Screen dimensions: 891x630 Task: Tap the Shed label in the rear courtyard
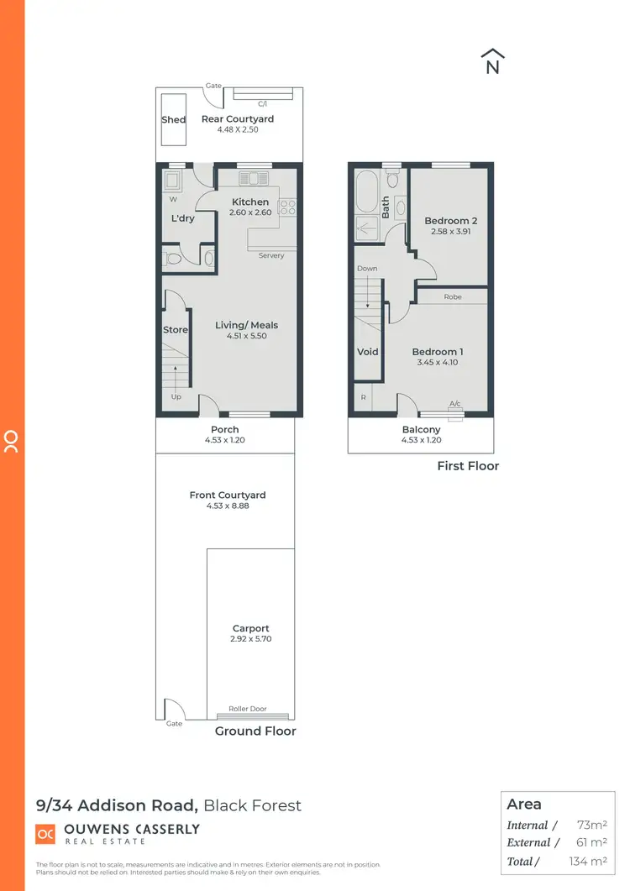[174, 119]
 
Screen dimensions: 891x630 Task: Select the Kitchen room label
[250, 202]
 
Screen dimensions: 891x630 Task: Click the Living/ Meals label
[246, 325]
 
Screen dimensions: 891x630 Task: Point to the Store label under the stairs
[176, 330]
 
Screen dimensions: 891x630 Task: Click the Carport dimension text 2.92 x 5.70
[251, 639]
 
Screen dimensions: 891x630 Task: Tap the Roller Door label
[248, 709]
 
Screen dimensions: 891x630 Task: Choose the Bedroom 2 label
[451, 221]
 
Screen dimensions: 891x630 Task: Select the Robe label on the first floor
[453, 296]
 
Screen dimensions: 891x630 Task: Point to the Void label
[368, 352]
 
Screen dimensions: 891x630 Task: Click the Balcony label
[421, 429]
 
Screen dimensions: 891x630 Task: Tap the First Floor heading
[468, 466]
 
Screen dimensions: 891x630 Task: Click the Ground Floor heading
[255, 731]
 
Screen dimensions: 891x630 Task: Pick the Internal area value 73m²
[593, 825]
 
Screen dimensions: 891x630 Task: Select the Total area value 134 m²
[589, 861]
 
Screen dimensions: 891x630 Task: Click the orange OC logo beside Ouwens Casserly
[45, 834]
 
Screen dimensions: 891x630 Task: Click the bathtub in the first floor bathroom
[366, 192]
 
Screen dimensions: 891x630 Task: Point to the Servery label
[271, 255]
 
